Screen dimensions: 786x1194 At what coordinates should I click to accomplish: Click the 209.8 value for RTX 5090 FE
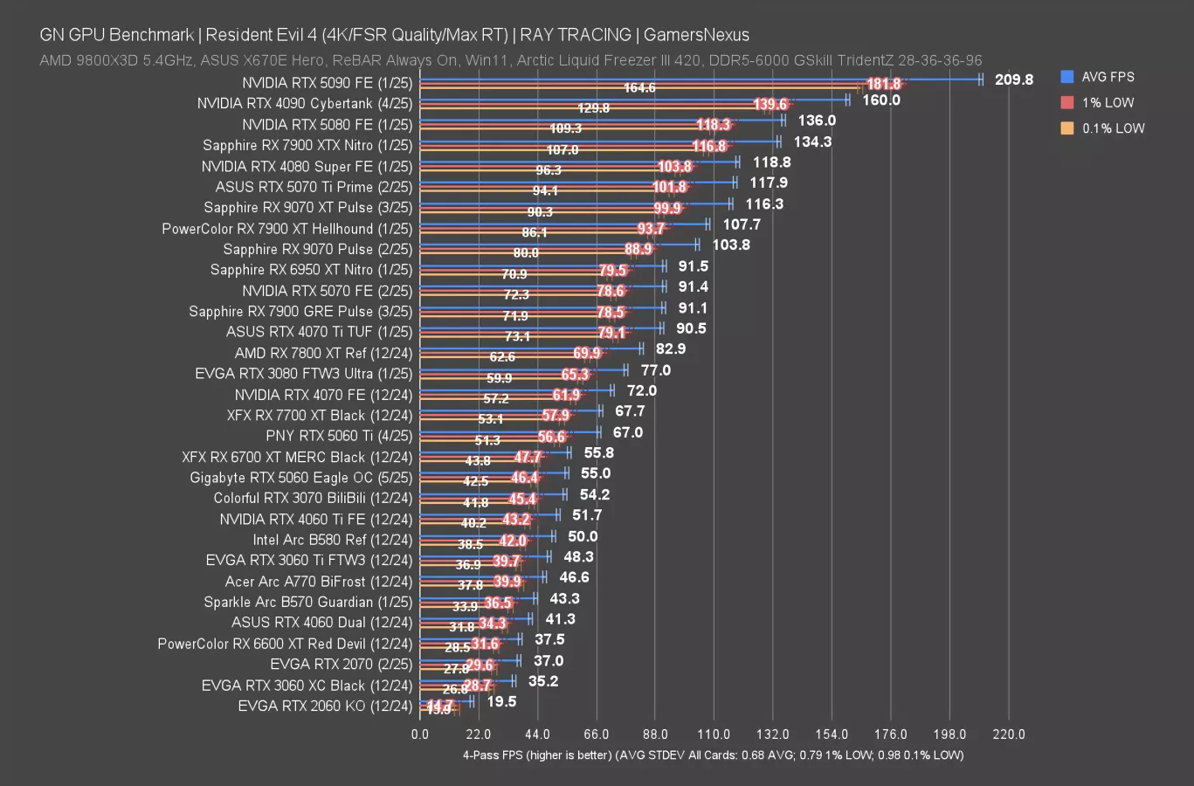click(1013, 79)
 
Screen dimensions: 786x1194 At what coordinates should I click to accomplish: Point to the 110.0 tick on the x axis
click(714, 734)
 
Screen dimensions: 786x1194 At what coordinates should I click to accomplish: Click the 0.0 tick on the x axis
click(420, 734)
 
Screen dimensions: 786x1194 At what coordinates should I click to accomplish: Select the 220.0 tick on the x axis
click(1009, 734)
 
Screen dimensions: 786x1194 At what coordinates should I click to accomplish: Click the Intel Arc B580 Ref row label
click(332, 540)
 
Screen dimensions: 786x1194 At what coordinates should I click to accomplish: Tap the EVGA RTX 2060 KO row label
click(324, 706)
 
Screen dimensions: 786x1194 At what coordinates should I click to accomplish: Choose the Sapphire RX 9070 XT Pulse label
click(307, 207)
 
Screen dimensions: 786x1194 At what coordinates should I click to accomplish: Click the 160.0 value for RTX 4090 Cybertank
click(881, 100)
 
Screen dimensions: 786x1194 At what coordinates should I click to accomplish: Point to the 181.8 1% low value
click(883, 84)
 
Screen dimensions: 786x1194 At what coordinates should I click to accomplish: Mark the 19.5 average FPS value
click(501, 701)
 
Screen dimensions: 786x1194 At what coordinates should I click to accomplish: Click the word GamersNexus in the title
click(696, 35)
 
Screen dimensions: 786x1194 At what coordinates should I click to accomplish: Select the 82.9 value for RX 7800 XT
click(671, 348)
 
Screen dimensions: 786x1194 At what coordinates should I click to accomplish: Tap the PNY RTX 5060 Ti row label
click(339, 436)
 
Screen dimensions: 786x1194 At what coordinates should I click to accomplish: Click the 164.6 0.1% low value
click(639, 88)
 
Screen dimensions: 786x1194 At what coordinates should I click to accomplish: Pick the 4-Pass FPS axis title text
click(713, 755)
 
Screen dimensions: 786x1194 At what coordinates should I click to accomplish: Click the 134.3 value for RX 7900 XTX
click(812, 141)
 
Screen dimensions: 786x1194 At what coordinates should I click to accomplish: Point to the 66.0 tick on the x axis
click(596, 734)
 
